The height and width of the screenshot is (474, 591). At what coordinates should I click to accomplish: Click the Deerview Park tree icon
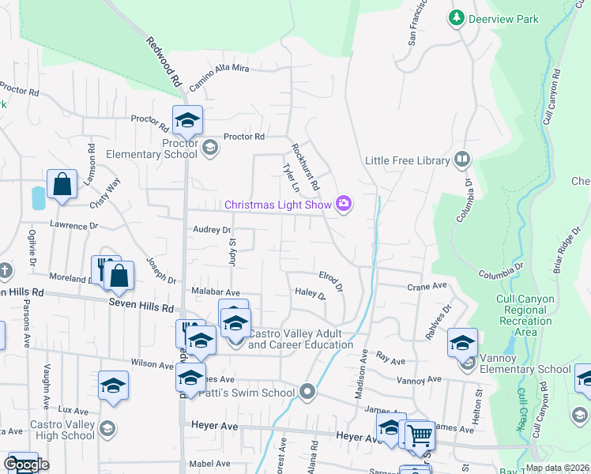click(456, 17)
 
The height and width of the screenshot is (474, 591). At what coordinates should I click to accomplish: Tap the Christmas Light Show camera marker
click(344, 204)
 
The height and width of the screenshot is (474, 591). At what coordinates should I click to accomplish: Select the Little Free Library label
click(407, 160)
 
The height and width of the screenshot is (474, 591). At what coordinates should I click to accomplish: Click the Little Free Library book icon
click(462, 160)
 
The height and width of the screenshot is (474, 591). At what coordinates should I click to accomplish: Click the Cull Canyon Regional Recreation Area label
click(523, 316)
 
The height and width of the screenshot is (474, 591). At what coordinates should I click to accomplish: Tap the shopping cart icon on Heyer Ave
click(419, 434)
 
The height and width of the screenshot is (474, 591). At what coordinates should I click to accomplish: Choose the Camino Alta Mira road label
click(219, 70)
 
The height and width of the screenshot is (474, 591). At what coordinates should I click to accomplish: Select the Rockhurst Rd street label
click(305, 167)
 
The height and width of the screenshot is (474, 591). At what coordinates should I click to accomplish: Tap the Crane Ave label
click(427, 286)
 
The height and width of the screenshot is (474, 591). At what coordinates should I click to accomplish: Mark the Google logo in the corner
click(26, 465)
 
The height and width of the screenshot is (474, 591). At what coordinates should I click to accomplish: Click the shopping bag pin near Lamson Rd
click(62, 185)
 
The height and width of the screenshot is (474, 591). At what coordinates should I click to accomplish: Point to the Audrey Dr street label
click(212, 230)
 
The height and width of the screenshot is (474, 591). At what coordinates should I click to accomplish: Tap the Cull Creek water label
click(521, 408)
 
